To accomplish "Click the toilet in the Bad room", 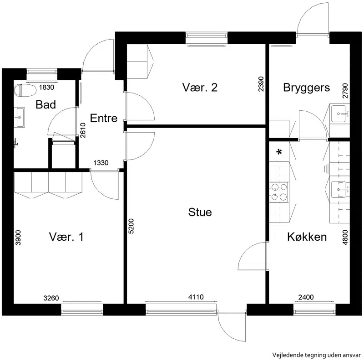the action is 25,90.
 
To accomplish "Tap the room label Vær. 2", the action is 200,88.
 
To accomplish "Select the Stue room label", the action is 200,212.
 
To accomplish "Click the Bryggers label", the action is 306,88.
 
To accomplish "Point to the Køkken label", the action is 307,237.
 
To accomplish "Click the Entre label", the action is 104,118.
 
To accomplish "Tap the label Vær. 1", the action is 66,237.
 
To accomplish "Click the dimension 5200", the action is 131,226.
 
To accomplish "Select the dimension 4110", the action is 196,297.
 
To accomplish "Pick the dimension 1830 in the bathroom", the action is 46,87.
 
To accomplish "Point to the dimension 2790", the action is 345,90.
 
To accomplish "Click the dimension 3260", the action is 51,298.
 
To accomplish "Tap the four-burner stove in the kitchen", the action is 279,192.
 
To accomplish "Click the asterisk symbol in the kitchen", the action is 279,152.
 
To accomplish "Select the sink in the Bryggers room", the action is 340,114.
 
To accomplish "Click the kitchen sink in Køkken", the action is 340,189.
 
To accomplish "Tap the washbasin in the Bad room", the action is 19,117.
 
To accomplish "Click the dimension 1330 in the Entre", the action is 101,163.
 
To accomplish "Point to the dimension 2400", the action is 306,297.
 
